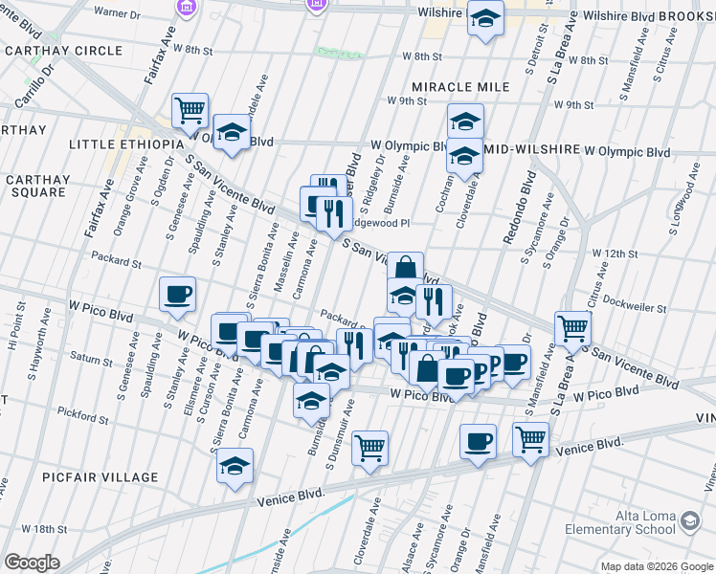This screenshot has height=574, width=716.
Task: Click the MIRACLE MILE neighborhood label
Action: [461, 87]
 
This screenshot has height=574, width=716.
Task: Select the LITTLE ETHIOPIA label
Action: [125, 143]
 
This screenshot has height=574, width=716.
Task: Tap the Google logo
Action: [32, 563]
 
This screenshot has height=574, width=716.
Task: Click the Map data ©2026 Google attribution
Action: [656, 565]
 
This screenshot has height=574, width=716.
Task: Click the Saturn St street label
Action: [91, 361]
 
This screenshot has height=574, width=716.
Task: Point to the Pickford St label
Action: [82, 416]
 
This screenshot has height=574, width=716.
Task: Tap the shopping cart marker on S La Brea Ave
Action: [572, 328]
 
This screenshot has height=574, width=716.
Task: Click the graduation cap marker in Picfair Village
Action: [235, 467]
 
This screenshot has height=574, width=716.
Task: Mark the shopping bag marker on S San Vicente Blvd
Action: [405, 268]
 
